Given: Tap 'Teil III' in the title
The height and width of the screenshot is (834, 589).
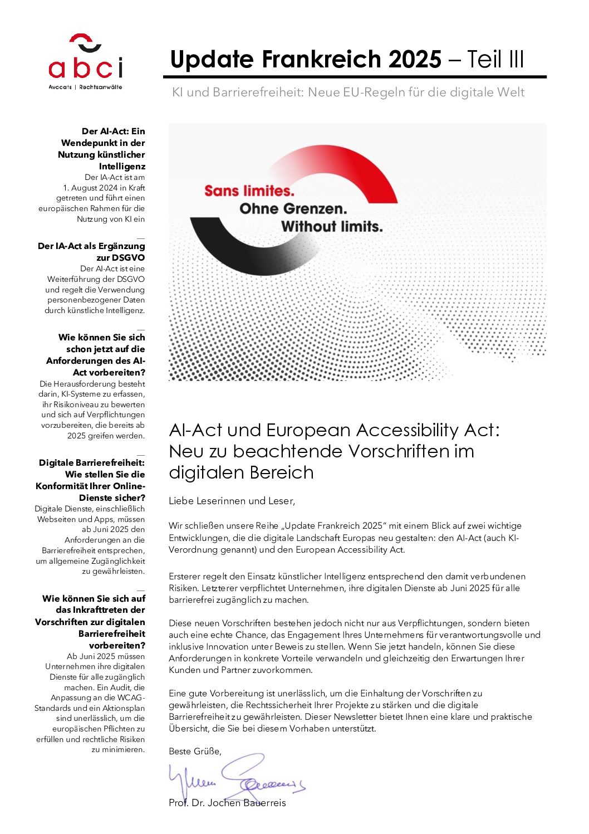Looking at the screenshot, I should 495,60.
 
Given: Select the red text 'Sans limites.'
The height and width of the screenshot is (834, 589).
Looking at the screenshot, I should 249,191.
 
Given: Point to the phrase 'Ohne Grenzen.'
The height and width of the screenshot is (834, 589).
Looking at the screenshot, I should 293,209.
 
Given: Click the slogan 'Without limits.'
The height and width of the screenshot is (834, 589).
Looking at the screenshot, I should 332,227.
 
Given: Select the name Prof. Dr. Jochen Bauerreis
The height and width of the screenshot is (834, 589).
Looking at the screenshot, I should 227,803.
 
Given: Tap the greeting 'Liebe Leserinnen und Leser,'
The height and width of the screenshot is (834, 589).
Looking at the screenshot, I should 232,501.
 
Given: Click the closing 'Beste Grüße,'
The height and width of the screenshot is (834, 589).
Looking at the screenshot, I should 195,751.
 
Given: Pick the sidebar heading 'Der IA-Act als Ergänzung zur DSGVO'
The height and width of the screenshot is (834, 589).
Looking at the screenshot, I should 91,251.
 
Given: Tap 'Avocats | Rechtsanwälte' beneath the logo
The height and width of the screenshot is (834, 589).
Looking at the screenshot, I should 85,87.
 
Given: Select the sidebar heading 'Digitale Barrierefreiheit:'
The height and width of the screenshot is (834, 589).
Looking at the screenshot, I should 92,462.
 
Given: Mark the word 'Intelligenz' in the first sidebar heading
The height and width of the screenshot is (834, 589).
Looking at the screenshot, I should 122,166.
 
